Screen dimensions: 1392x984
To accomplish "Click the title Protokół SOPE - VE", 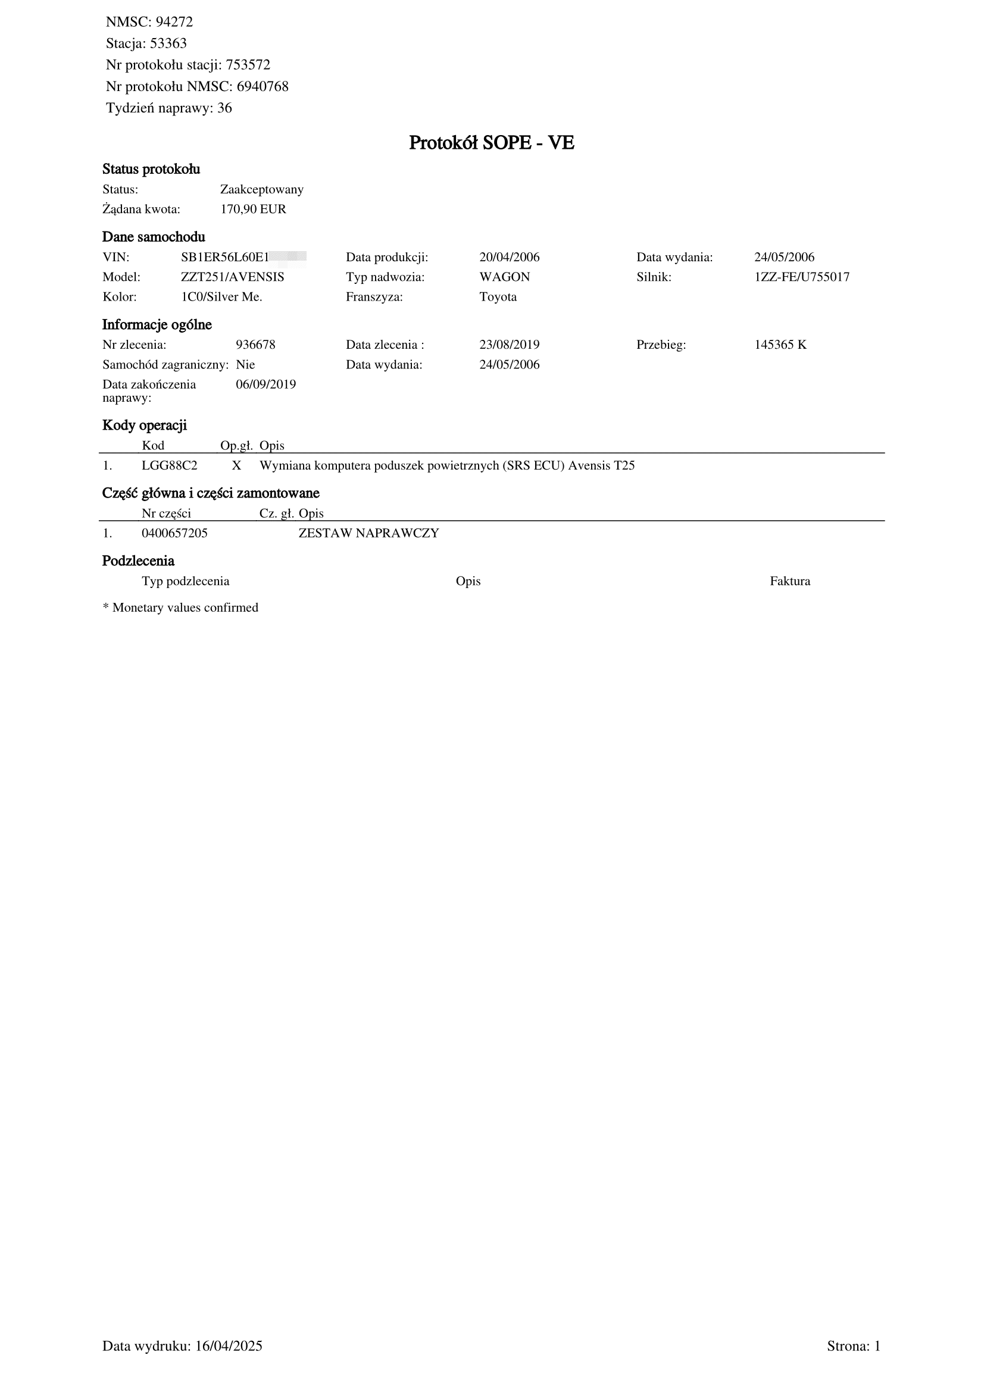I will [491, 143].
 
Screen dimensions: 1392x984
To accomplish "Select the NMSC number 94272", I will [174, 23].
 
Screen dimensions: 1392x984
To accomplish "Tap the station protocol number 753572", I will [248, 65].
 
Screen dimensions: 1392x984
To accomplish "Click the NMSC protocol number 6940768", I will [263, 87].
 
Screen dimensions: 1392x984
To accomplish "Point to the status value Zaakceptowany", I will [262, 190].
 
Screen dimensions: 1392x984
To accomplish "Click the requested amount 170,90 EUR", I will [253, 209].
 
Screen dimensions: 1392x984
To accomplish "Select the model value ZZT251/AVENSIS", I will [232, 278].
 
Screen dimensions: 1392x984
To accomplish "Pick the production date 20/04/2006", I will [510, 258].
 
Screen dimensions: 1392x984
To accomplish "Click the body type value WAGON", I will [504, 278].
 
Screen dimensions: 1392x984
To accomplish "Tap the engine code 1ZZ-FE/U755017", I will [801, 278].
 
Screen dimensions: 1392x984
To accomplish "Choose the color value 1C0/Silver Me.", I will [221, 298].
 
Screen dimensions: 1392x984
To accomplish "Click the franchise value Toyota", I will [498, 298].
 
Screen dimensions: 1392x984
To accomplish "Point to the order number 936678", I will [255, 345].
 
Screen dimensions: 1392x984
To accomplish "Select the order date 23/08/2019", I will [510, 345].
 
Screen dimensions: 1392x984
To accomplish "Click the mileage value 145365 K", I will [780, 345].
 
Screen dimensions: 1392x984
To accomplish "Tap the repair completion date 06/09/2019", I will [265, 385].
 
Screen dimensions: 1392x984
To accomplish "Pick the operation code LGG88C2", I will [169, 466].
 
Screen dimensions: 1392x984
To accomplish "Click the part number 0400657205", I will [174, 534].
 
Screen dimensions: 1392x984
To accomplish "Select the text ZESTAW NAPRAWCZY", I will [368, 534].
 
